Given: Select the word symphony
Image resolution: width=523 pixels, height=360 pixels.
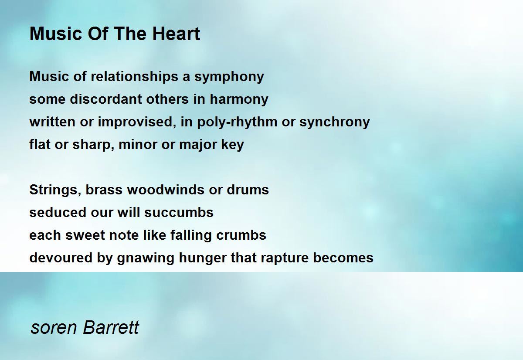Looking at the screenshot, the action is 229,77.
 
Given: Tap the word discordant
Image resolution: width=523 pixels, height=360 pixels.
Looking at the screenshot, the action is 106,99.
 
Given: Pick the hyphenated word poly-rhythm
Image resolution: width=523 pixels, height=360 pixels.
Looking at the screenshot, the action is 237,122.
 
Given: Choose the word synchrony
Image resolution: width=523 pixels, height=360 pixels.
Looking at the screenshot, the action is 335,122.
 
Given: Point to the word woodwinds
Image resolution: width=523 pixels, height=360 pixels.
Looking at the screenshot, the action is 166,190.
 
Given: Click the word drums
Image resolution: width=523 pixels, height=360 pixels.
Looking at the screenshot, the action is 248,190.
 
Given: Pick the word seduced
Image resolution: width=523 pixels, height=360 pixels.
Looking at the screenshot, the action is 58,212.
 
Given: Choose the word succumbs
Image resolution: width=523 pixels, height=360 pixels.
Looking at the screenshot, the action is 179,212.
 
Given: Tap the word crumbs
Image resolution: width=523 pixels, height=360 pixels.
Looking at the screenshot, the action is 241,235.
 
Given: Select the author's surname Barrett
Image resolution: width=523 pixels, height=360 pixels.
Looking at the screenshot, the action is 111,327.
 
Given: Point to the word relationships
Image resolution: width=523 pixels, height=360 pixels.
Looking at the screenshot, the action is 134,77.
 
